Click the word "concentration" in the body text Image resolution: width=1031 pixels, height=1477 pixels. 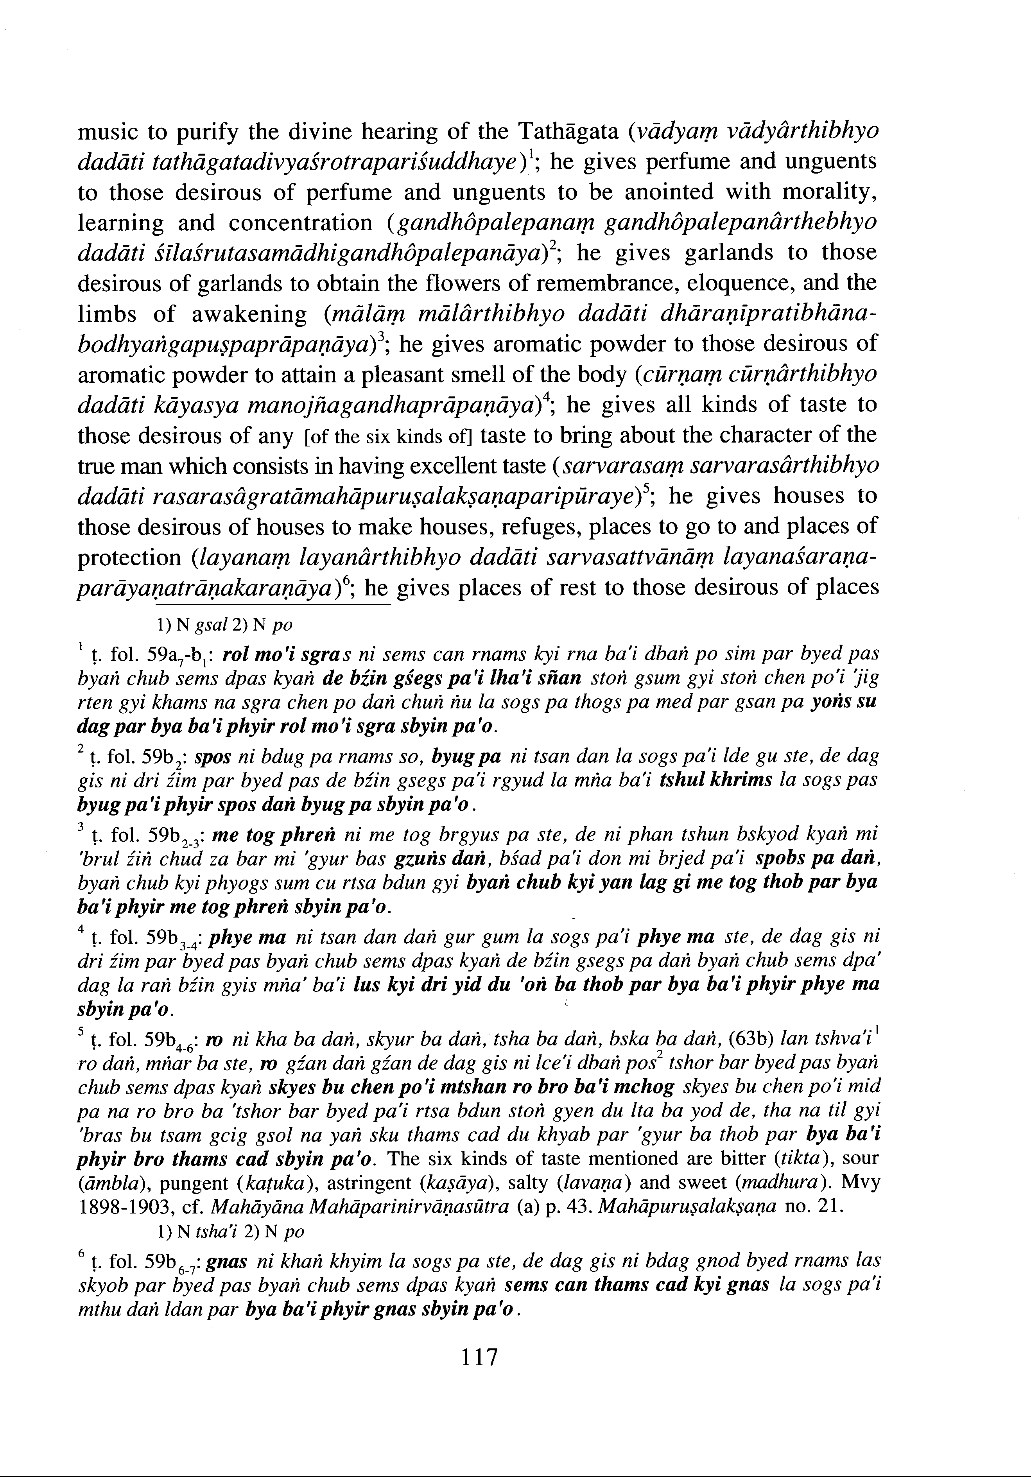coord(301,222)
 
